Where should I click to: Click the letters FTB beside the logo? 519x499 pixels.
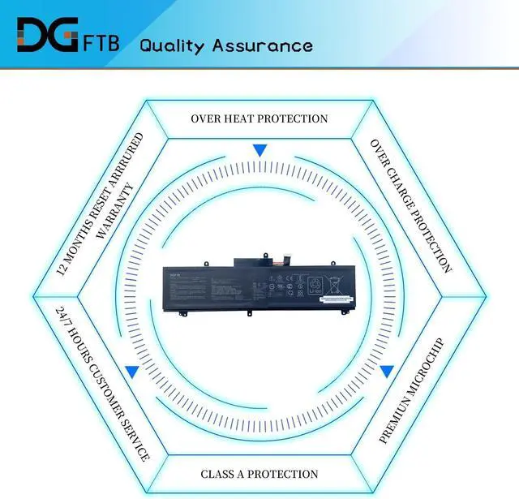point(101,41)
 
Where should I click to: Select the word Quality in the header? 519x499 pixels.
point(172,45)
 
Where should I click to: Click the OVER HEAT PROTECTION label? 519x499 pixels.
point(259,118)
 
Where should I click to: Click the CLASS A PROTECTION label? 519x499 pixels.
point(259,474)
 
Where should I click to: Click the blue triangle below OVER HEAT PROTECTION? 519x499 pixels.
point(259,150)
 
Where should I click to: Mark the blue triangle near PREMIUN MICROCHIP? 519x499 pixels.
point(387,371)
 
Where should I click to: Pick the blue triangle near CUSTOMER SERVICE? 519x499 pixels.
point(131,371)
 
